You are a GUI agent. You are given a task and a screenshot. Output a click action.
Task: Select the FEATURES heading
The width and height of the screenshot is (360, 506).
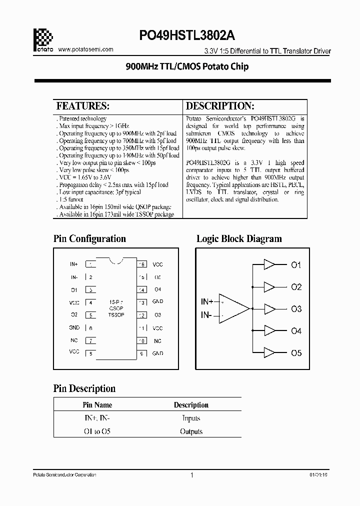(82, 106)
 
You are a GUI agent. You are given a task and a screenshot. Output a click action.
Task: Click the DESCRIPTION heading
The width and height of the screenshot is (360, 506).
(220, 106)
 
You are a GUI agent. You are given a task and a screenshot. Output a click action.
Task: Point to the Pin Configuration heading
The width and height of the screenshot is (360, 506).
(89, 238)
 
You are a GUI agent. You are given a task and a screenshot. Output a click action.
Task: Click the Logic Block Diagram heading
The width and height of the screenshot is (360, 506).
(239, 238)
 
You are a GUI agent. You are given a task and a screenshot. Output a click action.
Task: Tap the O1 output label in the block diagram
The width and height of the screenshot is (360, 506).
(296, 265)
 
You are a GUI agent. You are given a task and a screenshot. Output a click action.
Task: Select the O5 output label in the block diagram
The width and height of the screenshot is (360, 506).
(296, 353)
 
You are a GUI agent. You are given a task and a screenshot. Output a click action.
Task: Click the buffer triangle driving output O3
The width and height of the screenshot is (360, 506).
(269, 309)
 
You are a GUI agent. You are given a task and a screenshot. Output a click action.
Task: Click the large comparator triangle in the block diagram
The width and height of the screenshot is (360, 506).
(232, 308)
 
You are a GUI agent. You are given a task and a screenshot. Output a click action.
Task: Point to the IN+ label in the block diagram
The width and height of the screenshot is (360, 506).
(206, 301)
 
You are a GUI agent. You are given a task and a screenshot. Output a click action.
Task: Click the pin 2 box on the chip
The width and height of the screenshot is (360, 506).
(90, 277)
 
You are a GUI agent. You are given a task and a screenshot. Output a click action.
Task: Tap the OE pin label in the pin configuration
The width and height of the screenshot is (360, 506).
(157, 277)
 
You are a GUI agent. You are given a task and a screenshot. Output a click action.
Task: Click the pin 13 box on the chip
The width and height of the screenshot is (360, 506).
(142, 302)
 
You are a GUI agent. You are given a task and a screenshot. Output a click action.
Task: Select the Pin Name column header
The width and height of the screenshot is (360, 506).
(97, 405)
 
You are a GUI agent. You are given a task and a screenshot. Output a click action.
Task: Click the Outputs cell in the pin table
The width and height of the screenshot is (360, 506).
(191, 431)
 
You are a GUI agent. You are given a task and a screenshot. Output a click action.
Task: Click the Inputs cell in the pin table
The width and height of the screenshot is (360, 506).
(191, 418)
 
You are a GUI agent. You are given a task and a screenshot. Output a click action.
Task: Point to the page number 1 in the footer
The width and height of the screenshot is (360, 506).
(191, 475)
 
